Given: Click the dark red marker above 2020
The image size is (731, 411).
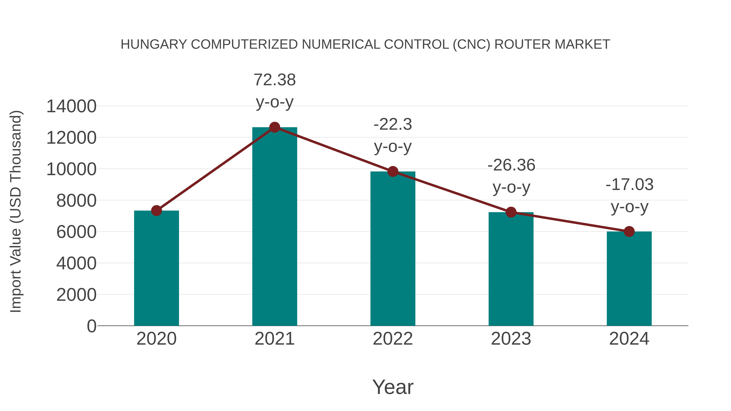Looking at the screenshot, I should click(x=156, y=210).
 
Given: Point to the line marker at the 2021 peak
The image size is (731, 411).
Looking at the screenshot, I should click(x=274, y=127).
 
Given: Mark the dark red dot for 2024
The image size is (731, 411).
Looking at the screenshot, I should click(x=629, y=231).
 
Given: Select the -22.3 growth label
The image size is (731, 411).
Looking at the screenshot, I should click(x=393, y=125).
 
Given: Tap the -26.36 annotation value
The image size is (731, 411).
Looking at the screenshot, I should click(x=511, y=165).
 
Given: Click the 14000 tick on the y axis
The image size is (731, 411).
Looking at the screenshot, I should click(x=71, y=106).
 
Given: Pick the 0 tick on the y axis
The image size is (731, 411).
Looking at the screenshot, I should click(x=91, y=326).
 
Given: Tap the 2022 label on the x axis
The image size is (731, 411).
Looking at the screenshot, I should click(x=393, y=339).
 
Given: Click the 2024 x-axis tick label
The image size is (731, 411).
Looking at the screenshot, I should click(x=629, y=339).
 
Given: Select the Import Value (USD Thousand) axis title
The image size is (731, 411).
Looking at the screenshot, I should click(x=16, y=211).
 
